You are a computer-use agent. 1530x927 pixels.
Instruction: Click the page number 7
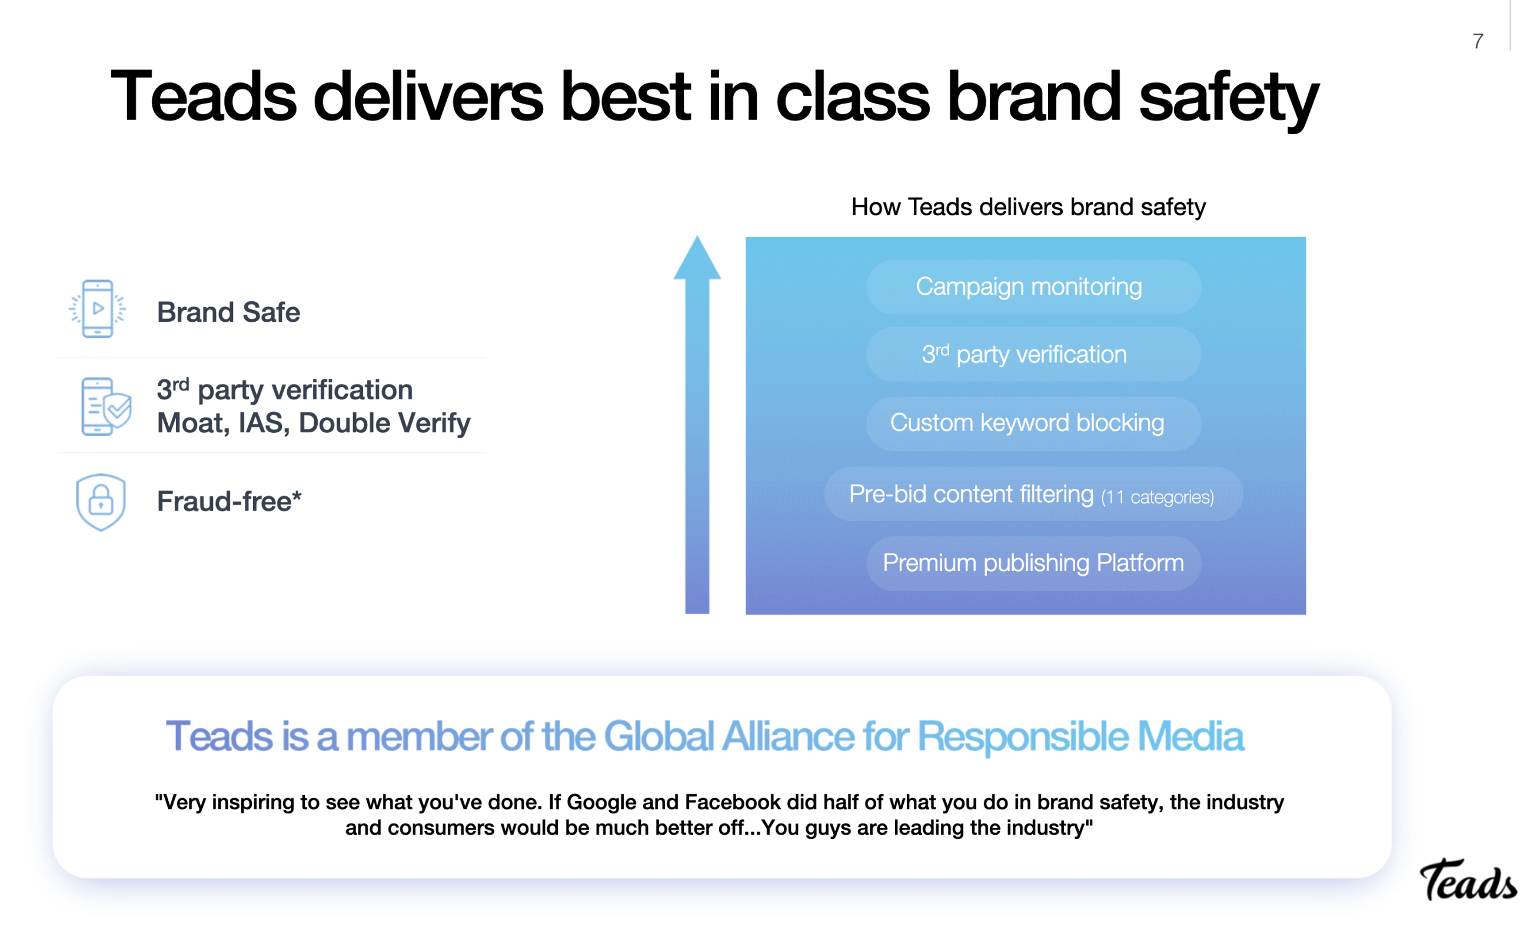[1478, 41]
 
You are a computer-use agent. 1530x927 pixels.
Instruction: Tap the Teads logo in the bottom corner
[1468, 879]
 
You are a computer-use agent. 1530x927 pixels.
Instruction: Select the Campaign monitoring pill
[1033, 286]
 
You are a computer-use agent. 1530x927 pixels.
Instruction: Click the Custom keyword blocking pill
[1033, 423]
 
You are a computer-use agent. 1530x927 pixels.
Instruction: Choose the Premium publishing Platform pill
[1033, 563]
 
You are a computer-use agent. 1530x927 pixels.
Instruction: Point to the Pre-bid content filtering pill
[1033, 494]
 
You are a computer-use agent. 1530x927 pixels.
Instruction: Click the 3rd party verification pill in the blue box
[1033, 354]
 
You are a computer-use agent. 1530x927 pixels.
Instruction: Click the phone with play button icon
[98, 308]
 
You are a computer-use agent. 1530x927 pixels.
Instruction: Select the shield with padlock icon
[101, 502]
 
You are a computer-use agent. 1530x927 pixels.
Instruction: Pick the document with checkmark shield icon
[106, 406]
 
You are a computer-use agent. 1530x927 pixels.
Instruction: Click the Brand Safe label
[228, 312]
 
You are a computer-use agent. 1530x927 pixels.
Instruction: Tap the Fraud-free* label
[229, 501]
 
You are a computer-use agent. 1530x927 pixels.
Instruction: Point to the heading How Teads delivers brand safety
[1027, 206]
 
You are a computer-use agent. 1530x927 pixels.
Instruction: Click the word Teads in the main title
[204, 96]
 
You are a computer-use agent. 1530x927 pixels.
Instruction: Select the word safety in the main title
[1228, 99]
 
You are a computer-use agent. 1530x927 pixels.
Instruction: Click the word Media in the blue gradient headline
[1190, 736]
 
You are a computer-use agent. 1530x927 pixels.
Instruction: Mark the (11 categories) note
[1158, 497]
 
